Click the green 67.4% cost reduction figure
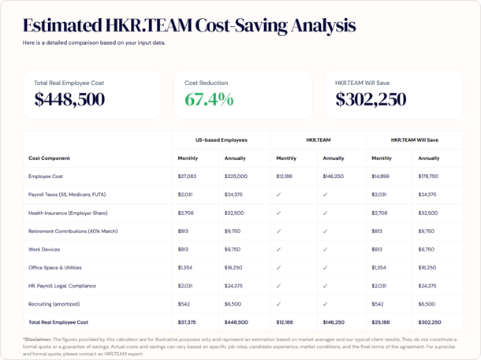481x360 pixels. (209, 100)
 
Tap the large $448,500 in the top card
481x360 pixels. (69, 100)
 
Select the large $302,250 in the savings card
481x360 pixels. (371, 100)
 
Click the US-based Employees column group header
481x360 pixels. (221, 139)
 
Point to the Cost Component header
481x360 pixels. (49, 158)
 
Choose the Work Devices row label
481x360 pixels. (45, 249)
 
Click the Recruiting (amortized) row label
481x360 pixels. (54, 303)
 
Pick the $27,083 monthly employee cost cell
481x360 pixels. (188, 176)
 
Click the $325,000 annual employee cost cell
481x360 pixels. (236, 176)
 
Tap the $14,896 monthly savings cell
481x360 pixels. (380, 176)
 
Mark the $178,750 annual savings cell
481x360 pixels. (428, 176)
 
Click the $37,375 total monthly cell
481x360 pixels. (188, 322)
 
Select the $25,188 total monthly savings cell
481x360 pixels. (381, 322)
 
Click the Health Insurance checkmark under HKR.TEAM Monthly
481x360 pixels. (279, 213)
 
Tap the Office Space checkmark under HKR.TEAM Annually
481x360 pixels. (325, 267)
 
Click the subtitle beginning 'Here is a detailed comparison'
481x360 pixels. (94, 43)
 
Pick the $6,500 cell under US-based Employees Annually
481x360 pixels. (233, 303)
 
